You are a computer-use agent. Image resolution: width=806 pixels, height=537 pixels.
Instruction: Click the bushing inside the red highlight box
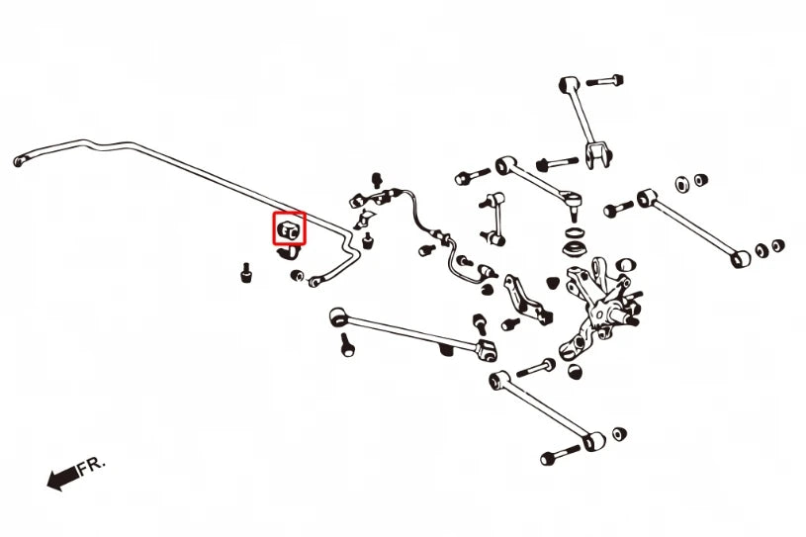point(289,228)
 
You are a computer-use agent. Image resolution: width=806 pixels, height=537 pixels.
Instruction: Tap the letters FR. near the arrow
point(92,466)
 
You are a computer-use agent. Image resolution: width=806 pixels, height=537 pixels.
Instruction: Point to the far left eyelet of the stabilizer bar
point(20,161)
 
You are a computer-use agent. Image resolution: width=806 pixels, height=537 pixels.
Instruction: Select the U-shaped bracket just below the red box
point(290,252)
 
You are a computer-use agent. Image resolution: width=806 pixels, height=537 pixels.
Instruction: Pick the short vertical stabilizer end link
point(493,218)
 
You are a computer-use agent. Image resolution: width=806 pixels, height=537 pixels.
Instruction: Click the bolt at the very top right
point(605,81)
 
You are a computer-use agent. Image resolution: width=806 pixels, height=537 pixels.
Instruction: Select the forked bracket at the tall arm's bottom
point(599,154)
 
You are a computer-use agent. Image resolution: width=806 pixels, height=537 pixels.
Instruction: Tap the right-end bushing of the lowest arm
point(594,441)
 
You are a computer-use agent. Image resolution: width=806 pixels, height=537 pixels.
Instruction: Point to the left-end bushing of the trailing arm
point(339,316)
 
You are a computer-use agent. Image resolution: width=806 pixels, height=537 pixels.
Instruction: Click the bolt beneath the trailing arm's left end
point(347,344)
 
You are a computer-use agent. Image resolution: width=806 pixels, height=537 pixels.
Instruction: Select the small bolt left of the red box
point(246,273)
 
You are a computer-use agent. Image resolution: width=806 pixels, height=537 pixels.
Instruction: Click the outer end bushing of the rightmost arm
point(741,258)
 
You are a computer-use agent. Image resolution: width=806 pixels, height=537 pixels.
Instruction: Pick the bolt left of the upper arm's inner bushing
point(473,176)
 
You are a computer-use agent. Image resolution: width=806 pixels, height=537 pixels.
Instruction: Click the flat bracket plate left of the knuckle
point(527,301)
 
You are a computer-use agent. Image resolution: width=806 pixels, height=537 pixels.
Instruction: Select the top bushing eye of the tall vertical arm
point(569,83)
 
